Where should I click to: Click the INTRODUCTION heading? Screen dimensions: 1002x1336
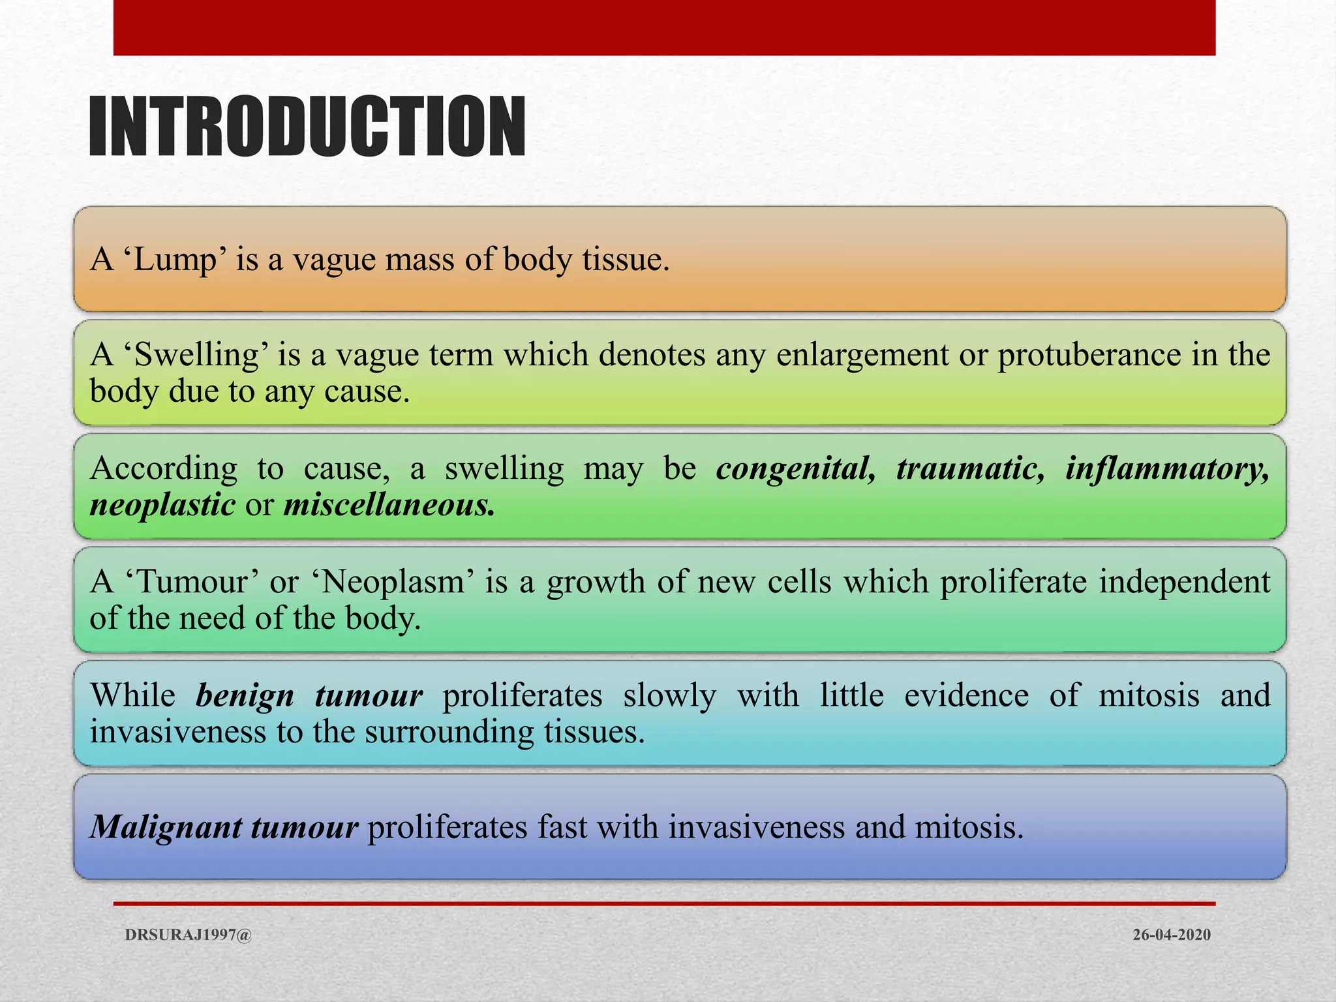pos(307,127)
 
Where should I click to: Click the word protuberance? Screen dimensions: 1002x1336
pos(1089,356)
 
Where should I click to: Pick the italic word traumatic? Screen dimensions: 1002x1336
pos(970,468)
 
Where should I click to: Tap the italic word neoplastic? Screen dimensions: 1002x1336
pos(162,505)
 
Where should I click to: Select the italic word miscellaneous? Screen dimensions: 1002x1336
pos(389,505)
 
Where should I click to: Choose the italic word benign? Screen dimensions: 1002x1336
pos(245,695)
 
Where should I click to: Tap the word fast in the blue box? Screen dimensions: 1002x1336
pos(560,827)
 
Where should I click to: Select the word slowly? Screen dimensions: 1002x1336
pos(669,695)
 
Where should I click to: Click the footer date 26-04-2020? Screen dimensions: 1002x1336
pos(1171,935)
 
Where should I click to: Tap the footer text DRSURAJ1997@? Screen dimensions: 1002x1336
pos(188,935)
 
